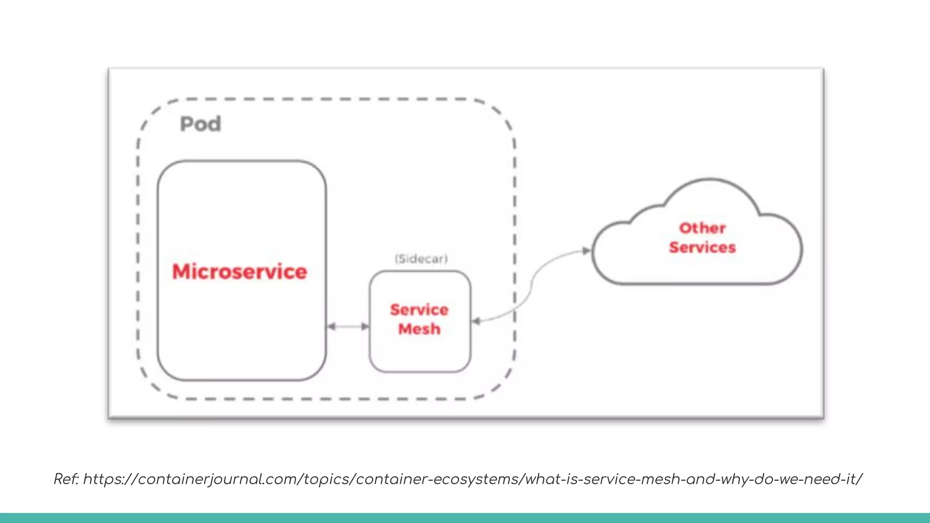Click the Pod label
pyautogui.click(x=200, y=124)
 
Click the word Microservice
pyautogui.click(x=239, y=271)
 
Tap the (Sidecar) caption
pyautogui.click(x=421, y=259)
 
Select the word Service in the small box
pyautogui.click(x=419, y=310)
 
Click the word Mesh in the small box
pyautogui.click(x=419, y=329)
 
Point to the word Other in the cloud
pyautogui.click(x=702, y=228)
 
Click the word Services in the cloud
pyautogui.click(x=702, y=247)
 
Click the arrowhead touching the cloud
pyautogui.click(x=587, y=251)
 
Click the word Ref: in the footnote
pyautogui.click(x=66, y=479)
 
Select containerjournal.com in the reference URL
pyautogui.click(x=220, y=479)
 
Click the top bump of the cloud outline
pyautogui.click(x=709, y=180)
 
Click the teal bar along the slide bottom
pyautogui.click(x=465, y=518)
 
